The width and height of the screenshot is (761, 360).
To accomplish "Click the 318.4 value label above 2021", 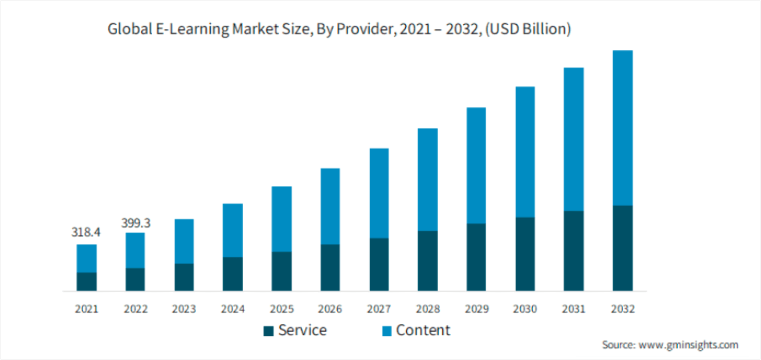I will [x=86, y=232].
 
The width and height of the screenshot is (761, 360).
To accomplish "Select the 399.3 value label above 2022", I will [x=135, y=223].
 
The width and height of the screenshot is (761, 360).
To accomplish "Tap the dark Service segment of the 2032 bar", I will [x=622, y=248].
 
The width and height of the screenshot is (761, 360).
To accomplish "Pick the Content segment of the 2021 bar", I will [x=86, y=258].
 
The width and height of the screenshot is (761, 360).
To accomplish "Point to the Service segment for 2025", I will [x=281, y=271].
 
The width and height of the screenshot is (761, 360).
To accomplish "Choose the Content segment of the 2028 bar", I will [x=427, y=179].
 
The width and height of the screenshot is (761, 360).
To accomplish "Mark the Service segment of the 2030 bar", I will [x=524, y=254].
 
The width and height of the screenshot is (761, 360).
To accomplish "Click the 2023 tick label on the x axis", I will [x=184, y=309].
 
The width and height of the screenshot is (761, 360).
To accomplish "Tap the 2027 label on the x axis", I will [x=379, y=309].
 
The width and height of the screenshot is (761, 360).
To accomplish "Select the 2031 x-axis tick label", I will [x=573, y=309].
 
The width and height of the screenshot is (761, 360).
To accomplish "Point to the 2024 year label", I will [x=232, y=309].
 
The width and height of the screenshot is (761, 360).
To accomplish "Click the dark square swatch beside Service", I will [x=268, y=331].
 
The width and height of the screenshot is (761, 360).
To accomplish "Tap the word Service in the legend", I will [x=302, y=330].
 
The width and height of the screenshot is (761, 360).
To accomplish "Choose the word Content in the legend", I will [x=423, y=330].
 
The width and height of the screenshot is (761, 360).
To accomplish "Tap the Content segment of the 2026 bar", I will [x=330, y=206].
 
